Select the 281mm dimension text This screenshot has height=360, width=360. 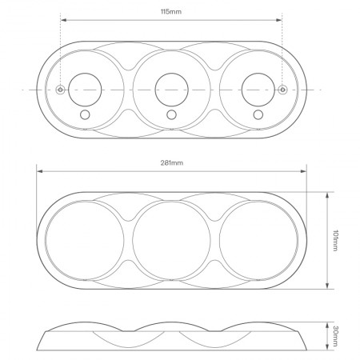coord(171,163)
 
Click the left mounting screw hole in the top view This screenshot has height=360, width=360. coord(61,90)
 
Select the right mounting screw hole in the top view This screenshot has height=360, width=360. coord(282,90)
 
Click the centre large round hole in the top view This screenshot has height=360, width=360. coord(171,87)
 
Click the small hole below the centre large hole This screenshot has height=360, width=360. coord(171,116)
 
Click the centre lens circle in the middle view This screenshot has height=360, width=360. coord(171,238)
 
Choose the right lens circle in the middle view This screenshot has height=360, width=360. coord(257,238)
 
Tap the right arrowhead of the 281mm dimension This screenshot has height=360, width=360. coord(305,170)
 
